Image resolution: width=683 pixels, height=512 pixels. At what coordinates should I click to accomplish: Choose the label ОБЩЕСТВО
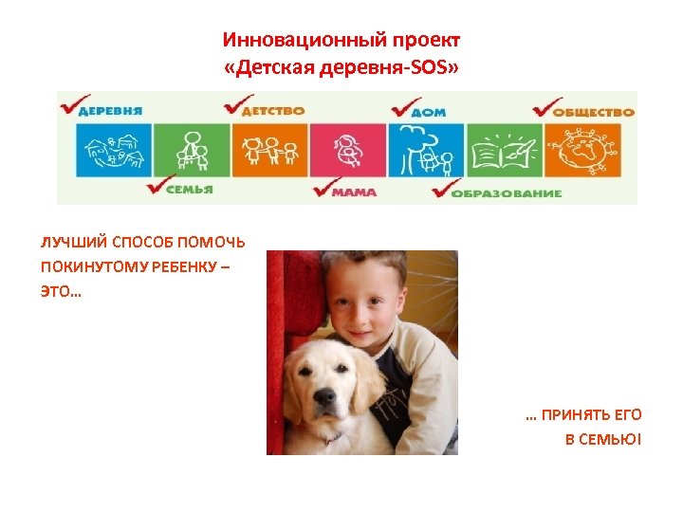pos(593,111)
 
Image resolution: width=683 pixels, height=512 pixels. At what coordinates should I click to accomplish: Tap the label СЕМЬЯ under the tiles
pos(191,189)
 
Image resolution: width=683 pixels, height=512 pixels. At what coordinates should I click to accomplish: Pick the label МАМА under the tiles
pos(354,192)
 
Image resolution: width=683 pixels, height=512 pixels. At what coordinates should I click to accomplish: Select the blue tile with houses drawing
pos(113,150)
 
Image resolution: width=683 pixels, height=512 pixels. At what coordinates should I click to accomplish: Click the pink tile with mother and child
pos(348,150)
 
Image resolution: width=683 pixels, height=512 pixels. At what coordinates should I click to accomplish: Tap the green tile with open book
pos(504,150)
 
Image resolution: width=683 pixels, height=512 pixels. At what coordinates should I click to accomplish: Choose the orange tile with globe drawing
pos(582,150)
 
